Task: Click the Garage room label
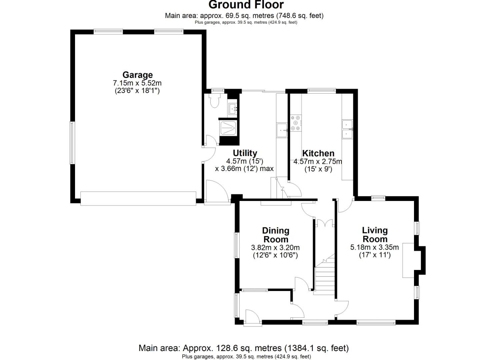(x=137, y=75)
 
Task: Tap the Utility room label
(x=245, y=153)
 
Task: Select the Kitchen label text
(x=318, y=153)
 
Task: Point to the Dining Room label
(x=276, y=235)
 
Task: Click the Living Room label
(x=375, y=235)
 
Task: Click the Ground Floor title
(x=246, y=5)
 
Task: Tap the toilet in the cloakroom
(x=214, y=100)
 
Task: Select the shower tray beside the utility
(x=228, y=128)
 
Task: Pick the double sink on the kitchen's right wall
(x=347, y=129)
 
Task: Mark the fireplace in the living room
(x=409, y=260)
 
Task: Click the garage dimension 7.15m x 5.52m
(x=137, y=83)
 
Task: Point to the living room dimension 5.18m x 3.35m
(x=374, y=247)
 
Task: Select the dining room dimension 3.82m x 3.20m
(x=275, y=248)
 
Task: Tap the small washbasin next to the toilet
(x=233, y=108)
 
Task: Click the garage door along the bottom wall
(x=138, y=198)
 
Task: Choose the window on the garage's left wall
(x=71, y=143)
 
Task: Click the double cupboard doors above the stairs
(x=324, y=223)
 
